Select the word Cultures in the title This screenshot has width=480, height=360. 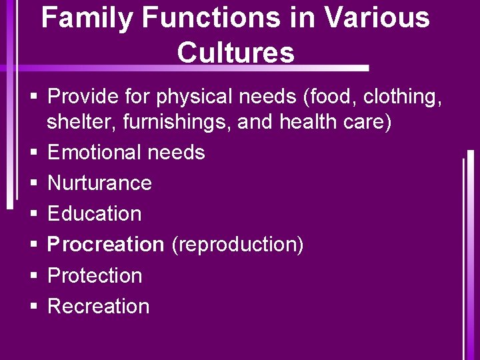[236, 52]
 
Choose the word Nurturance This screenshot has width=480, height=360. [100, 183]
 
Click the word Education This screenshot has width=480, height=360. [95, 214]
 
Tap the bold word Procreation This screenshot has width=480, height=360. [106, 245]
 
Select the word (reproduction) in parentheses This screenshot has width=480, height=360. [237, 245]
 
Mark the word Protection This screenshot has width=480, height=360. [95, 275]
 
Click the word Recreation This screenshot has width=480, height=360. [99, 306]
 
